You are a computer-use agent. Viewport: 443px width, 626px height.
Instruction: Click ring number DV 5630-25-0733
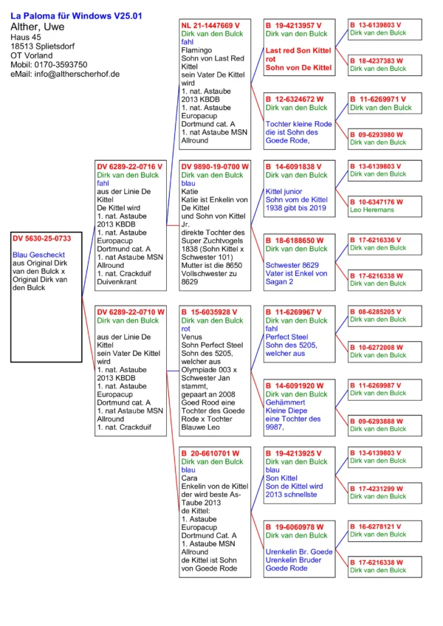coord(42,238)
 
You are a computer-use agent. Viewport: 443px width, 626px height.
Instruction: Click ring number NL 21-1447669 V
coord(210,25)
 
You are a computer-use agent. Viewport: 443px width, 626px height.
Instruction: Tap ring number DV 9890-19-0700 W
coord(214,167)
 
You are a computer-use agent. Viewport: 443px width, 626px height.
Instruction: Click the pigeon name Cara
coord(190,478)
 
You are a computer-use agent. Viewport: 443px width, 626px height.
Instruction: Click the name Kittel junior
coord(284,191)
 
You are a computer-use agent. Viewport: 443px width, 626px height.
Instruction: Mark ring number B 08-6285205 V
coord(377,312)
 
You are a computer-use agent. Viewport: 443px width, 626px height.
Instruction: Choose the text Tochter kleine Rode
coord(299,124)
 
